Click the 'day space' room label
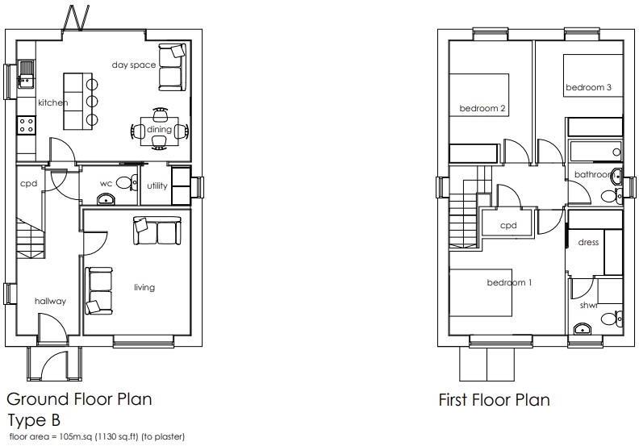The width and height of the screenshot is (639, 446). click(x=134, y=65)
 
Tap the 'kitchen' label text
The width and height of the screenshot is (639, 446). click(x=53, y=102)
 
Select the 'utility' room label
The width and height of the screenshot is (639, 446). click(x=157, y=185)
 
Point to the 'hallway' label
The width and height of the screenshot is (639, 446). click(x=50, y=301)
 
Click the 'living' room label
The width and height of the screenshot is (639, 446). click(x=144, y=287)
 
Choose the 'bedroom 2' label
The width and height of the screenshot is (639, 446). click(x=482, y=109)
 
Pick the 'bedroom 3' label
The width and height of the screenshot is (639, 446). click(x=588, y=88)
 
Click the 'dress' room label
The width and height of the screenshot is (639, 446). click(x=588, y=242)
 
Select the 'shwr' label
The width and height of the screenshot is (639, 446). click(x=589, y=305)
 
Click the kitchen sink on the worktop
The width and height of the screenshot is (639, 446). click(x=25, y=75)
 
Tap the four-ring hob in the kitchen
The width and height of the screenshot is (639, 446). click(x=26, y=125)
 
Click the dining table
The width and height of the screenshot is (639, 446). click(x=159, y=130)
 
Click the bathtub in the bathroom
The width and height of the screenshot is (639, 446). click(x=595, y=151)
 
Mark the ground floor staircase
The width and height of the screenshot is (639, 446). click(x=30, y=240)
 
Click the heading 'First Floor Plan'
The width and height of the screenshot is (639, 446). click(x=494, y=399)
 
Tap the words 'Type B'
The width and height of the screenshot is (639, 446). click(x=35, y=420)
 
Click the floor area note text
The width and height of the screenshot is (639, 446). click(x=96, y=437)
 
